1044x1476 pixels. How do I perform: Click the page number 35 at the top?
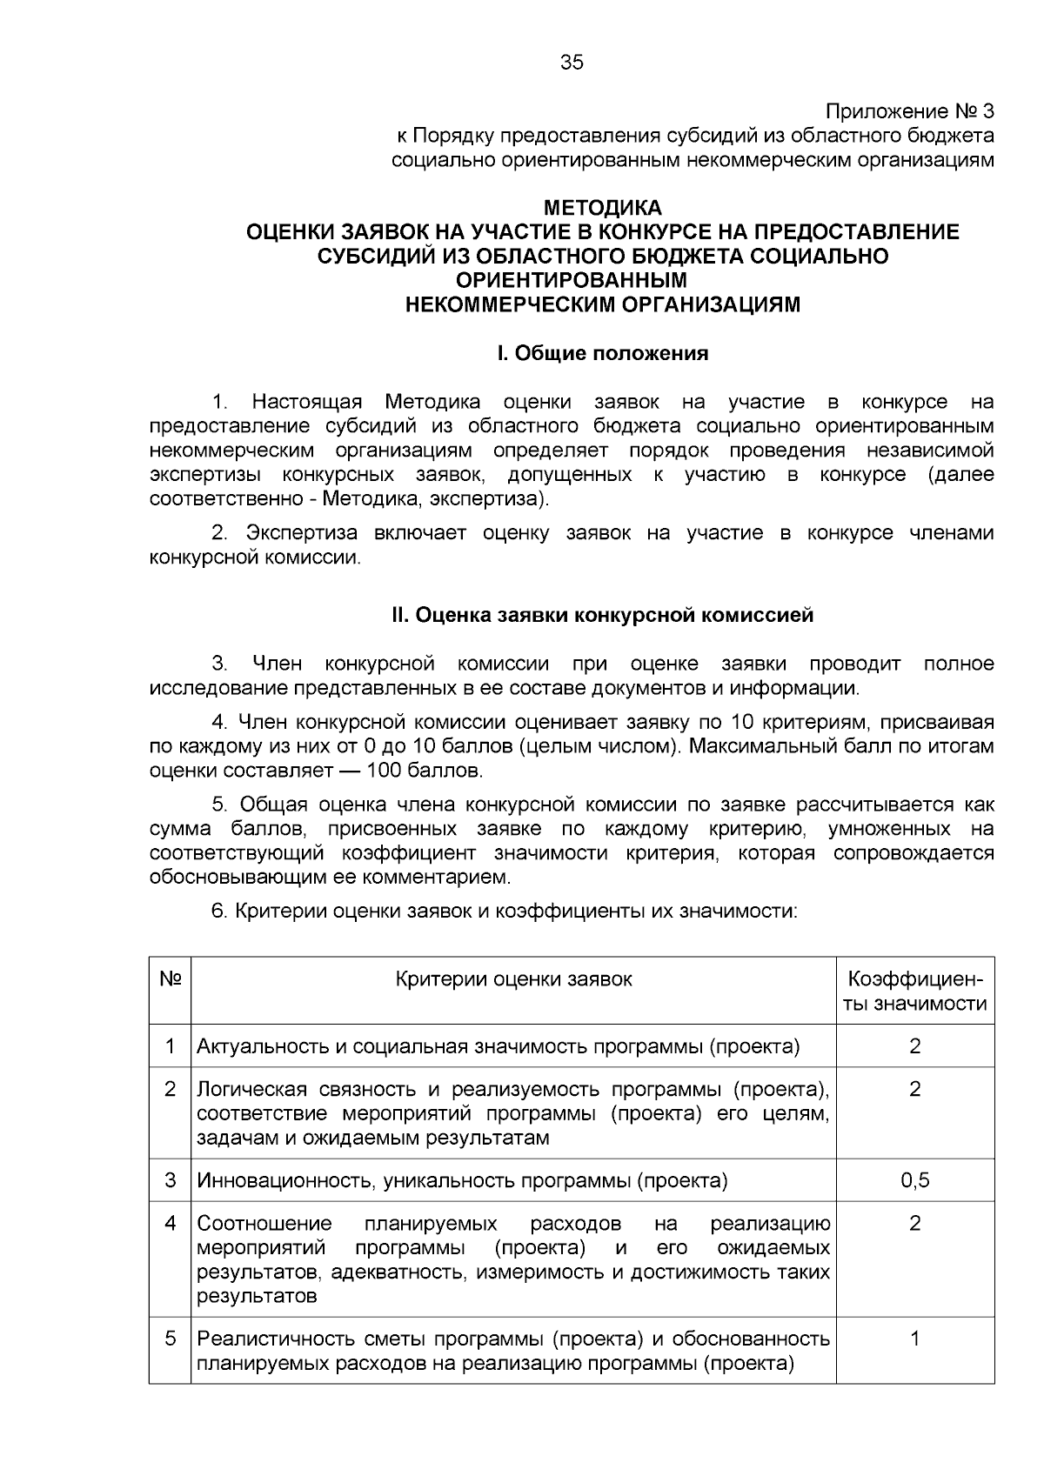point(572,63)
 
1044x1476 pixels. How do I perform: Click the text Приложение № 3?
point(908,112)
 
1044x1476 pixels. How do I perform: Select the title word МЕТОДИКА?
point(602,208)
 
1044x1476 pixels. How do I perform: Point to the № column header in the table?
point(171,979)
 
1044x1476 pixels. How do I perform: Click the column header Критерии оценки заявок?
point(513,979)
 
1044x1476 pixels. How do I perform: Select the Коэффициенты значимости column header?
point(915,992)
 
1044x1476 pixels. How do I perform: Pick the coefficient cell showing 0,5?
point(915,1180)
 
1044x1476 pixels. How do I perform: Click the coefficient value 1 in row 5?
point(915,1339)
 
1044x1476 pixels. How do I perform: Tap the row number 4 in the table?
point(171,1224)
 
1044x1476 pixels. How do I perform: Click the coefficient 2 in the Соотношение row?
point(915,1224)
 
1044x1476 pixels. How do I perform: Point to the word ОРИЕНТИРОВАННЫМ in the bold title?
point(572,281)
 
